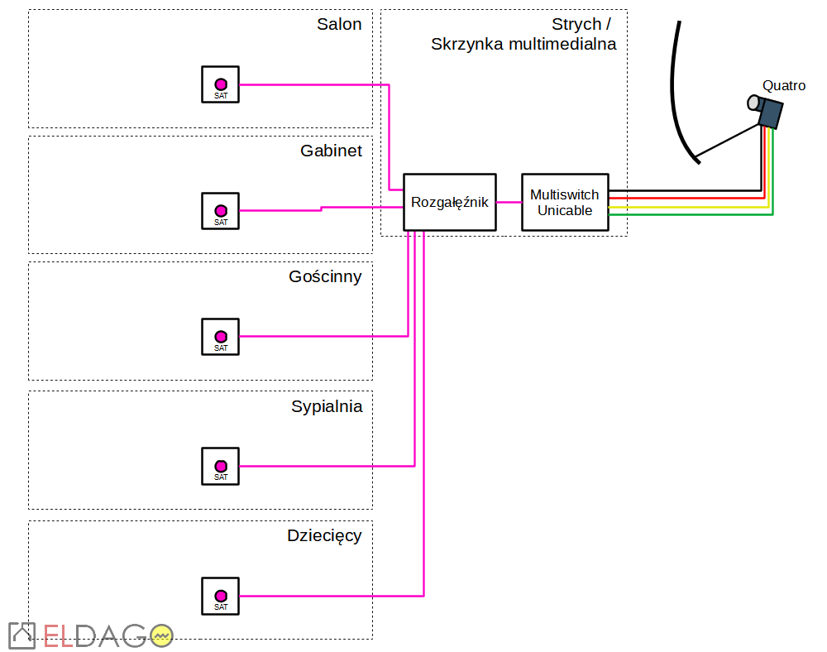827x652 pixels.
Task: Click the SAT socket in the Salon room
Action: click(x=220, y=84)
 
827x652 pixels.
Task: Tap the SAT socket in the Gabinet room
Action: click(x=220, y=211)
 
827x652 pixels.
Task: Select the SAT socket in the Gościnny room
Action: click(x=220, y=337)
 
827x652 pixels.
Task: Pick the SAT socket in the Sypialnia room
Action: click(x=220, y=466)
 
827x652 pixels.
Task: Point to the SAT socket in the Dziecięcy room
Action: click(x=220, y=596)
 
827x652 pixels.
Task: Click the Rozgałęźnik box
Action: click(x=449, y=202)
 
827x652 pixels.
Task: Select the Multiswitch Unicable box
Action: click(x=565, y=202)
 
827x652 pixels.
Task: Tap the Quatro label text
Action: click(x=783, y=85)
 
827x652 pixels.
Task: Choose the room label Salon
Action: click(x=339, y=24)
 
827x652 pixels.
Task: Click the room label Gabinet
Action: click(x=331, y=151)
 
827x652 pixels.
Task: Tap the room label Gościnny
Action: click(x=325, y=276)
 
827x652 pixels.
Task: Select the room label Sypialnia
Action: click(x=327, y=406)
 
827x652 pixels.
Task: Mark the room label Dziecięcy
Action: click(x=324, y=535)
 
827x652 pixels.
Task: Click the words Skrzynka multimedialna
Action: click(x=523, y=45)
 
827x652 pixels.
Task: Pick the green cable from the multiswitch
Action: click(x=695, y=214)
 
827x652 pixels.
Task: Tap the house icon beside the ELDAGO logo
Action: click(x=22, y=635)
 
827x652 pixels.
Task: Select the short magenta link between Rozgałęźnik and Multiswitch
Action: click(x=509, y=202)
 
